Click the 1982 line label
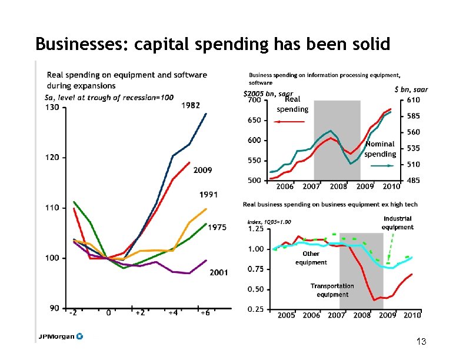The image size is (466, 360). click(x=190, y=105)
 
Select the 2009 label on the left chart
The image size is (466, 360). click(x=203, y=171)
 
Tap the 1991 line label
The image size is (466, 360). click(x=209, y=195)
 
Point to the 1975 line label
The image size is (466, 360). click(x=217, y=228)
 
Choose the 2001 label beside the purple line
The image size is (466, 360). click(x=219, y=272)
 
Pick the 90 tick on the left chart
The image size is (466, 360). click(x=54, y=308)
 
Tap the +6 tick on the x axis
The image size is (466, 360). click(x=204, y=313)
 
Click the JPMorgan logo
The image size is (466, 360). click(x=61, y=336)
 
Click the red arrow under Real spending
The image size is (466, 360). click(x=289, y=122)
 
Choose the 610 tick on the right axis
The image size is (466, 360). click(x=413, y=101)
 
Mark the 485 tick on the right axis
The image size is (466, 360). click(x=413, y=181)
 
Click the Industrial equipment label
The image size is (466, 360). click(x=397, y=223)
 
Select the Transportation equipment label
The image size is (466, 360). click(x=332, y=290)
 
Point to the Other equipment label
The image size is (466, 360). click(x=311, y=258)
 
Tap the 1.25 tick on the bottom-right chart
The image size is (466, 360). click(x=255, y=228)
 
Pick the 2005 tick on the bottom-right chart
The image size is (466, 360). click(x=286, y=315)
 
